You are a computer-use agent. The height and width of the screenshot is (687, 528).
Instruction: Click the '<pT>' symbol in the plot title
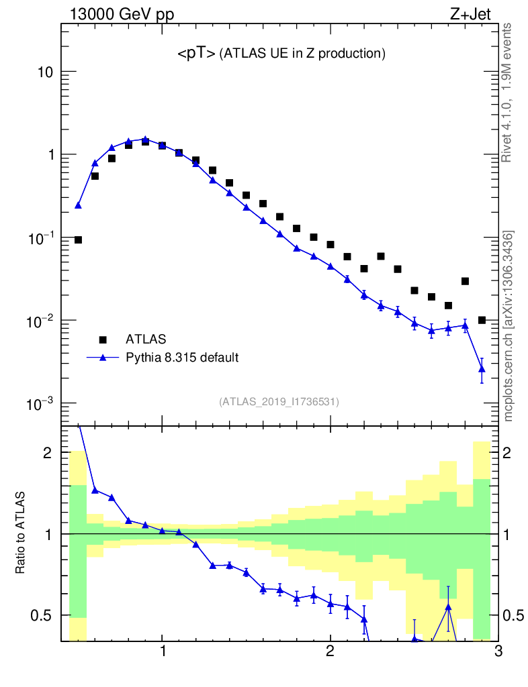pos(196,54)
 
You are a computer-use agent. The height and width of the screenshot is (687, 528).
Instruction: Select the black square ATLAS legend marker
pos(103,339)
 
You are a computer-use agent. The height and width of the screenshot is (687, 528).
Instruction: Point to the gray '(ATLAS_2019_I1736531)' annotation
pos(279,402)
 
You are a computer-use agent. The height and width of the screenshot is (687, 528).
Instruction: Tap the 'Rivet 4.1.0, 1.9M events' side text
pos(507,92)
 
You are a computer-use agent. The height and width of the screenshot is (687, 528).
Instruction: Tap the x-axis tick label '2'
pos(330,653)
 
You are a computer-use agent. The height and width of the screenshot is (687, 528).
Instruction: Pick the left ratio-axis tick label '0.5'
pos(40,615)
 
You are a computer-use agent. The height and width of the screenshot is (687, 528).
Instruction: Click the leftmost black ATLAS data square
pos(78,240)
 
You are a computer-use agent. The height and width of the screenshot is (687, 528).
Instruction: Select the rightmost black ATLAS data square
pos(482,320)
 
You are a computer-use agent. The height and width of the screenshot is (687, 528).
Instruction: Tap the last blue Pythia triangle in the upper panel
pos(482,368)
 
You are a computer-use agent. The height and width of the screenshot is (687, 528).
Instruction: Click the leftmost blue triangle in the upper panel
pos(78,205)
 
